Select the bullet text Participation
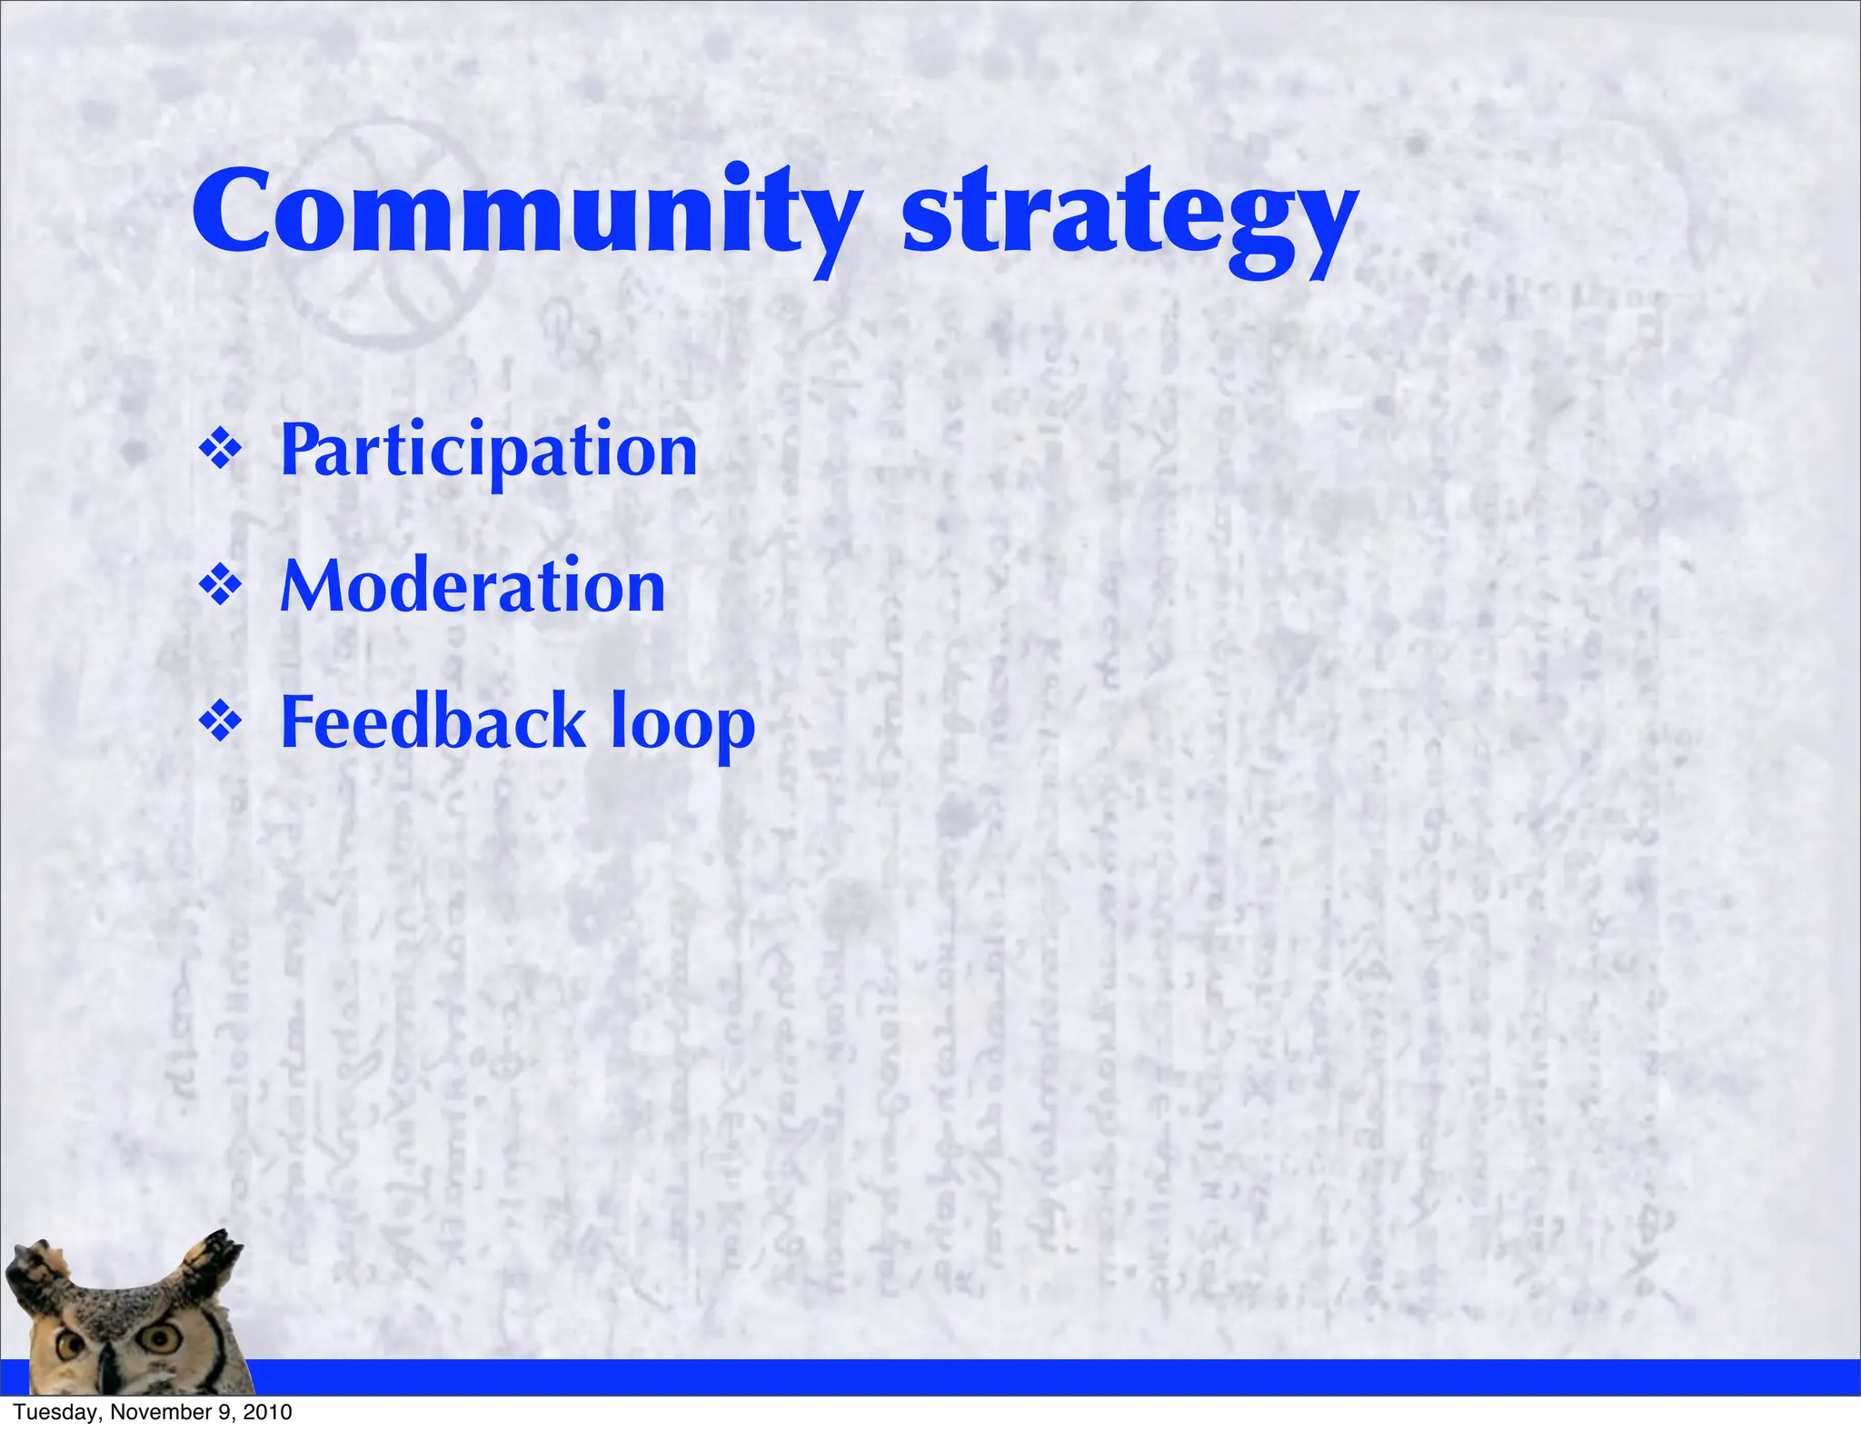(x=488, y=452)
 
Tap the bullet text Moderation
(x=473, y=587)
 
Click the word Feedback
(x=433, y=722)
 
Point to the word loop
(x=682, y=725)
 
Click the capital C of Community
(x=238, y=214)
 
